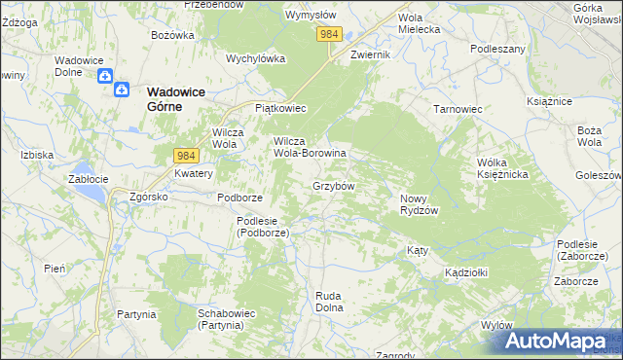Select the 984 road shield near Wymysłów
(x=329, y=34)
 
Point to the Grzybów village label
(x=333, y=185)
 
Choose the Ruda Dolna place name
(x=330, y=301)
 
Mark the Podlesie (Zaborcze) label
(x=584, y=249)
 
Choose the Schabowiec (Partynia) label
(x=226, y=319)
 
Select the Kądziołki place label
(x=465, y=272)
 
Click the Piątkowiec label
(x=280, y=108)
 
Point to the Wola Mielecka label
(x=420, y=23)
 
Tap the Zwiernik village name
(x=370, y=54)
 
